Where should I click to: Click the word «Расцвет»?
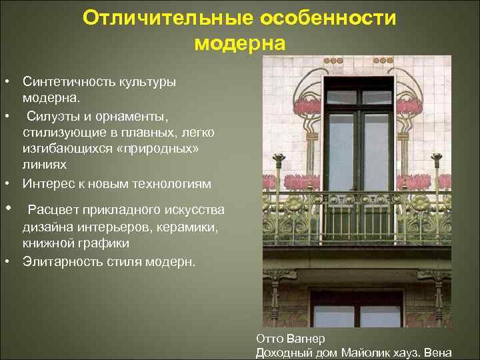click(53, 211)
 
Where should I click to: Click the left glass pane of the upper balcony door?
click(341, 153)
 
